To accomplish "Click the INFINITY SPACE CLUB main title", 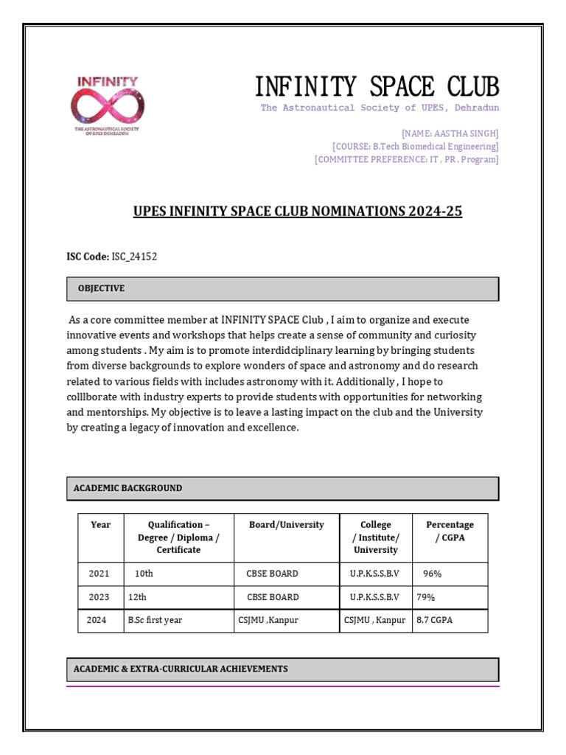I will pyautogui.click(x=377, y=87).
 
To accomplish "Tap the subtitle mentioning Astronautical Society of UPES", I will pyautogui.click(x=380, y=108).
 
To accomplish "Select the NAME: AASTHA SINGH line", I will pyautogui.click(x=450, y=133).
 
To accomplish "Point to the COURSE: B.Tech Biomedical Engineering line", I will pyautogui.click(x=415, y=147).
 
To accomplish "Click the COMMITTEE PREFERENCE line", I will pyautogui.click(x=406, y=159).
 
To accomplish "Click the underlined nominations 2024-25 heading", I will pyautogui.click(x=298, y=212).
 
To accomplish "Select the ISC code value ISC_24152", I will pyautogui.click(x=134, y=257).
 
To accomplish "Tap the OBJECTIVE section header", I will pyautogui.click(x=101, y=289).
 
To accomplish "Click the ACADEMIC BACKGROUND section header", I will pyautogui.click(x=127, y=488).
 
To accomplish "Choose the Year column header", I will pyautogui.click(x=100, y=525).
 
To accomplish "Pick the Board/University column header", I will pyautogui.click(x=286, y=525).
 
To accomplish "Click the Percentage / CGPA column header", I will pyautogui.click(x=450, y=531).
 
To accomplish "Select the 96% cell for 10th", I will pyautogui.click(x=432, y=574).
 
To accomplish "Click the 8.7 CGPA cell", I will pyautogui.click(x=435, y=620).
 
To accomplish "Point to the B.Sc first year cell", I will pyautogui.click(x=155, y=620).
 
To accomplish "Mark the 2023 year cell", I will pyautogui.click(x=99, y=597).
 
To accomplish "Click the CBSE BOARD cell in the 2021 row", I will pyautogui.click(x=272, y=574).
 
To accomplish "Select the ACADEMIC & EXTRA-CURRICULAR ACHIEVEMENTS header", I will pyautogui.click(x=181, y=669).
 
